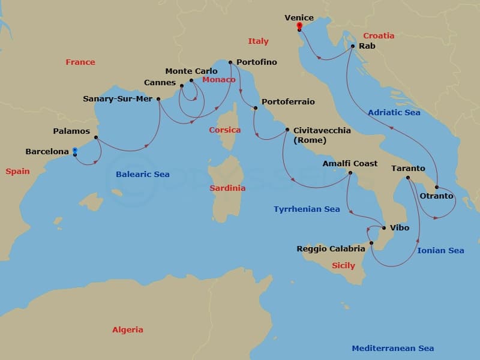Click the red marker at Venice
point(299,25)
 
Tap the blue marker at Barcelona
point(74,151)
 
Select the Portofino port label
point(257,62)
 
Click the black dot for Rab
point(353,46)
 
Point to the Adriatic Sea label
point(394,112)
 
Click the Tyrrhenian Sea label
point(307,209)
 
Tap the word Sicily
point(343,265)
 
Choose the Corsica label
point(224,130)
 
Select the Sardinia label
point(227,188)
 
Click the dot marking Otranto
point(437,187)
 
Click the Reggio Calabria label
point(331,248)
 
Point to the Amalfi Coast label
point(350,163)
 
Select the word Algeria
point(128,329)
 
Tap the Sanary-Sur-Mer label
point(118,99)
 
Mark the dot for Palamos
point(96,137)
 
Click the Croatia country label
point(379,35)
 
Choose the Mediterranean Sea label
point(392,348)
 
